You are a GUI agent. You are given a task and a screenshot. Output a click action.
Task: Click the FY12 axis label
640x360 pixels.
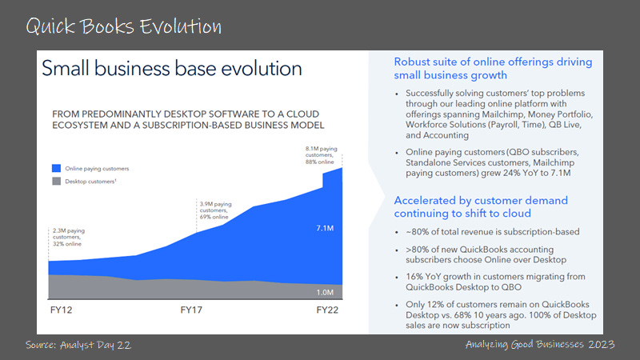pos(62,310)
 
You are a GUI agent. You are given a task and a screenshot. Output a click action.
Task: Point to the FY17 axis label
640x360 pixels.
pos(191,310)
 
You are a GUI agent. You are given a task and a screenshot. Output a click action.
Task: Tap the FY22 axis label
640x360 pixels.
pos(327,310)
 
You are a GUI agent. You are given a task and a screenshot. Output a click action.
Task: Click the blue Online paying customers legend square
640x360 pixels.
pos(56,168)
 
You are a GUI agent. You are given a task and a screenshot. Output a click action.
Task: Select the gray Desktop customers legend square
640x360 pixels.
pos(56,182)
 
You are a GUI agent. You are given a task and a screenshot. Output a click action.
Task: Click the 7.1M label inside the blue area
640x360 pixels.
pos(325,228)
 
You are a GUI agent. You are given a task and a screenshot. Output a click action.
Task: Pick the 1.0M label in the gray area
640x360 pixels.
pos(325,292)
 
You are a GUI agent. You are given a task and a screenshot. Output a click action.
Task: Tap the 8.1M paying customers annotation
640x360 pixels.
pos(322,155)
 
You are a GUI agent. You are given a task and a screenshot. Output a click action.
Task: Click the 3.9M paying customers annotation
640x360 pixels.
pos(215,210)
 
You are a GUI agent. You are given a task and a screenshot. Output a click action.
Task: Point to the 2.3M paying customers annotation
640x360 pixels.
pos(69,237)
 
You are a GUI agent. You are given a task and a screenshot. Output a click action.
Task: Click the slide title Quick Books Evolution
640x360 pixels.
pos(124,26)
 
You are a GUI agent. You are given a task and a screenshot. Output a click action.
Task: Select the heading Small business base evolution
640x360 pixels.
pos(172,68)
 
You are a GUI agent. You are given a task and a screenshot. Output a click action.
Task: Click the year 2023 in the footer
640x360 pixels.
pos(602,344)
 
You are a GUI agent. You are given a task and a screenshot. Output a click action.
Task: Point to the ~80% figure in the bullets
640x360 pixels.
pos(417,232)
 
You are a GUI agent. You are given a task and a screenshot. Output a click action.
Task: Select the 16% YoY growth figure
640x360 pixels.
pos(414,277)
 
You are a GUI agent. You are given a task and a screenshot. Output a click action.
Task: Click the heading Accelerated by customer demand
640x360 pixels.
pos(481,201)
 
